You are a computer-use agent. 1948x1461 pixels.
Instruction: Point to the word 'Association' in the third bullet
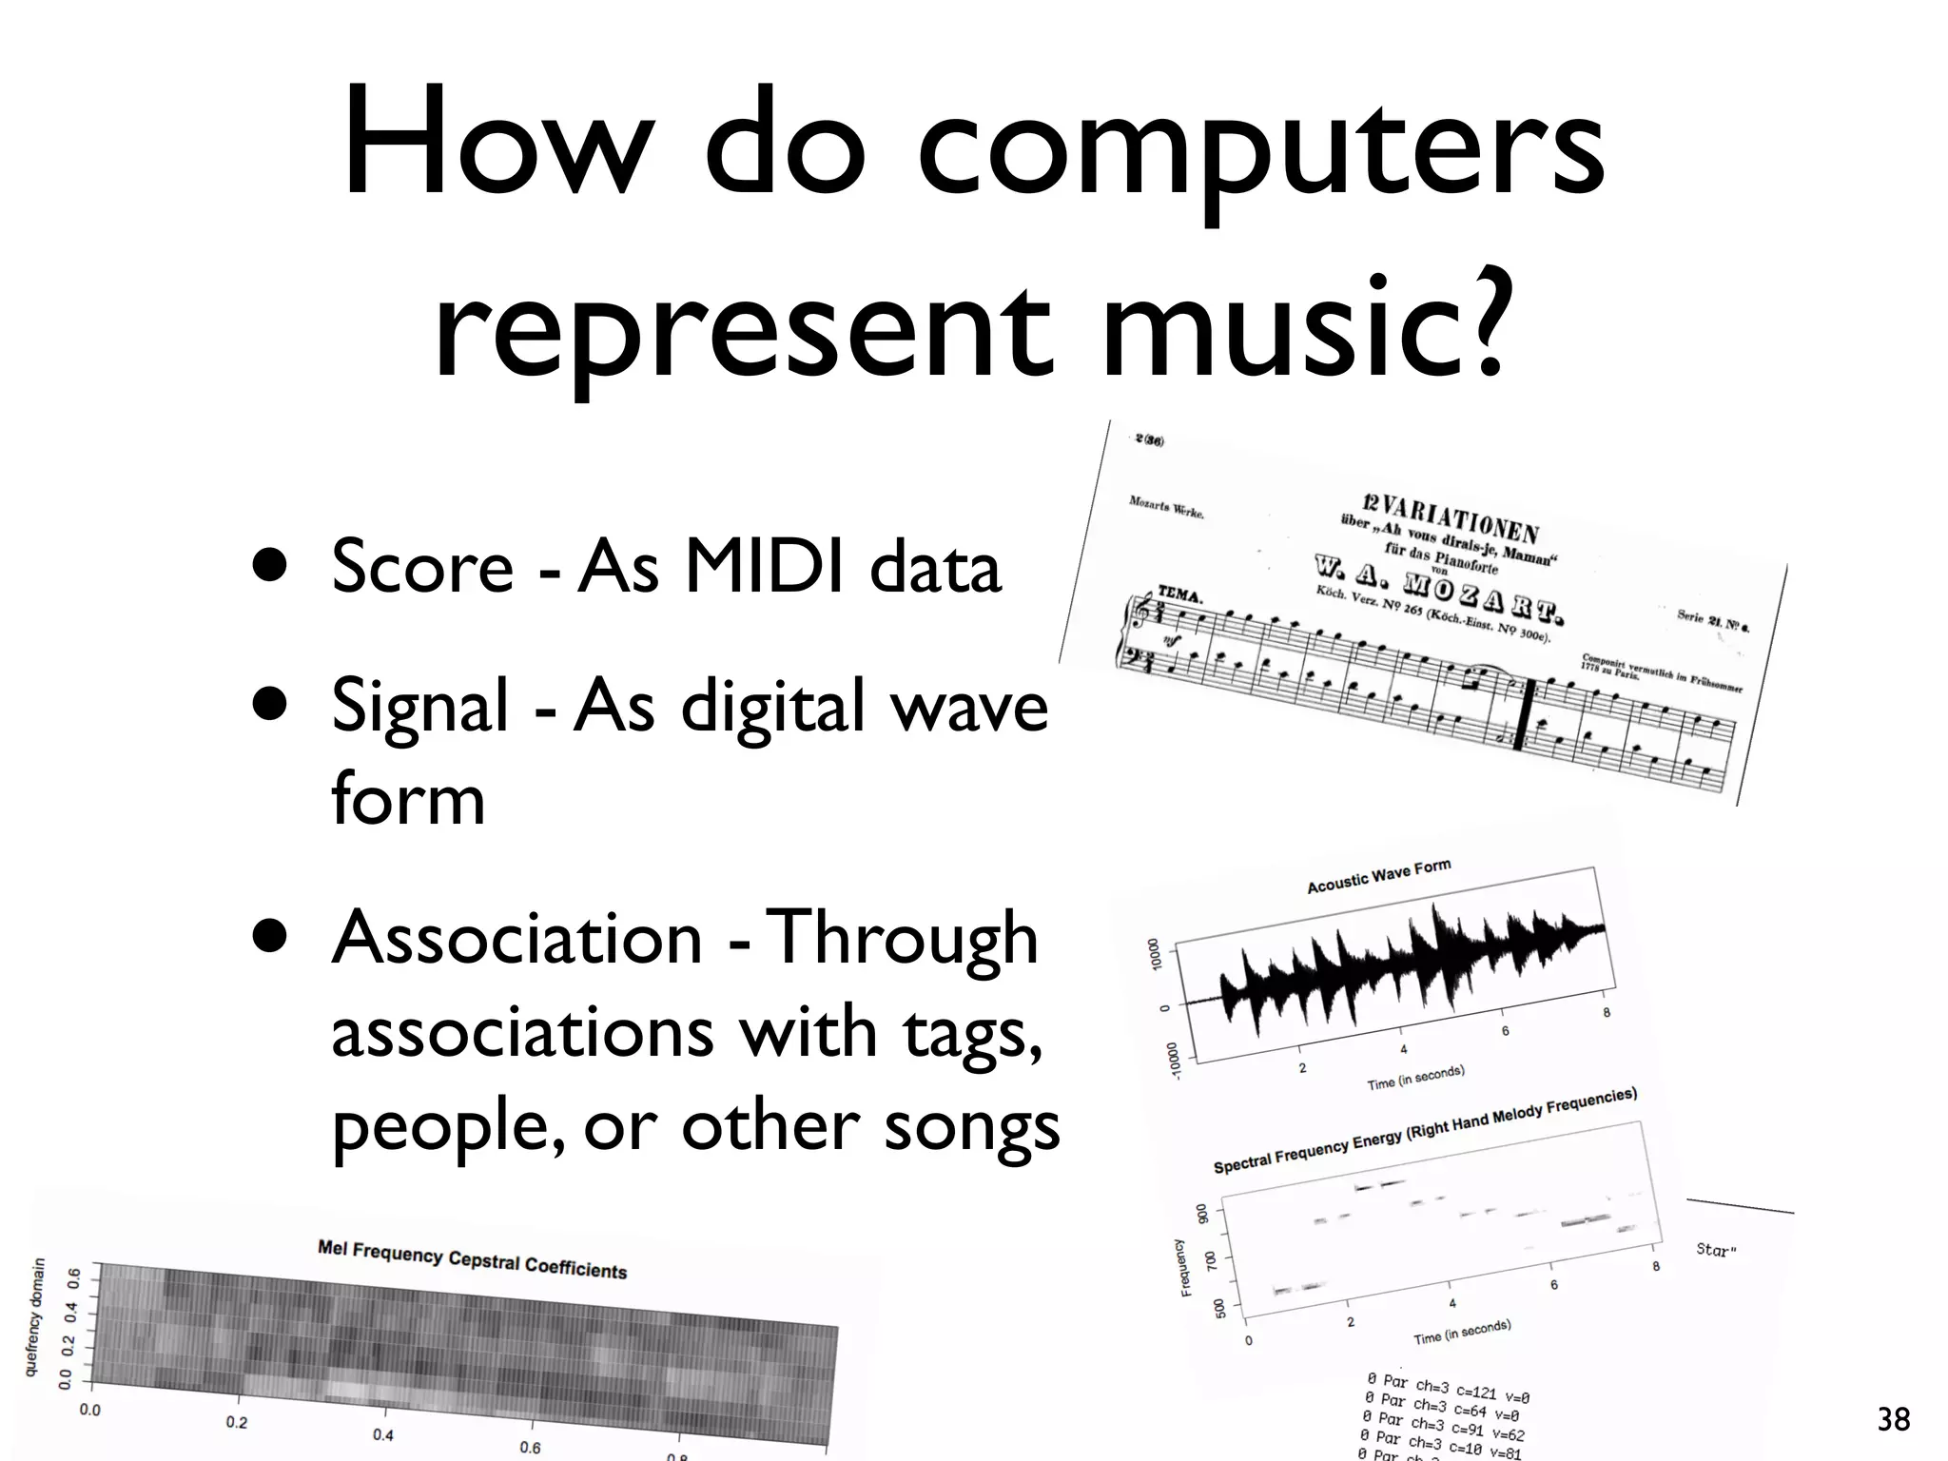(x=517, y=938)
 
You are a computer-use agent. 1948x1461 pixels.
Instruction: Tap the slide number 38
(x=1893, y=1420)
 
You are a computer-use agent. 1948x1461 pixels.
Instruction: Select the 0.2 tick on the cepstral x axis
(x=237, y=1423)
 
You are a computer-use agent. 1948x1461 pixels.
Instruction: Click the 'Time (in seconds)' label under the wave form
(x=1415, y=1078)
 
